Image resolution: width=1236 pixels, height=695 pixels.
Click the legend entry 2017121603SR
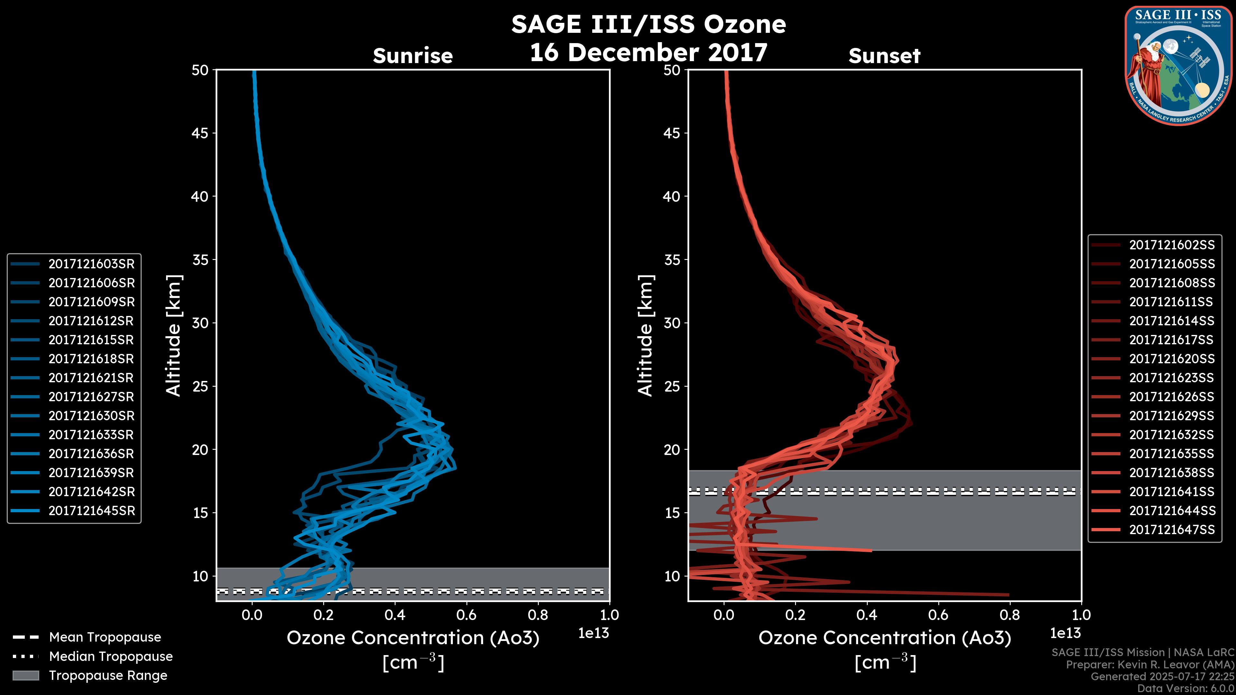pyautogui.click(x=91, y=264)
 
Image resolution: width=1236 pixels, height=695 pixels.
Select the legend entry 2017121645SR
pyautogui.click(x=91, y=511)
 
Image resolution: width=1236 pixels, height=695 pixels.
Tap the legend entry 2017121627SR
pyautogui.click(x=91, y=397)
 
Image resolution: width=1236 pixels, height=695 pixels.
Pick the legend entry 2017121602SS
pyautogui.click(x=1172, y=245)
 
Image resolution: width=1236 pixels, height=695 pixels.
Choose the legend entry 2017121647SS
pyautogui.click(x=1172, y=530)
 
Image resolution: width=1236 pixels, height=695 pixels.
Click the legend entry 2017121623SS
pyautogui.click(x=1172, y=378)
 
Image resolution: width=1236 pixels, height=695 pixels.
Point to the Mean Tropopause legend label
pyautogui.click(x=105, y=637)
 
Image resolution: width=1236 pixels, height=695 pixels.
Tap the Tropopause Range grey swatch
pyautogui.click(x=25, y=675)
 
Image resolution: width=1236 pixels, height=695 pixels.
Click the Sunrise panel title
pyautogui.click(x=413, y=56)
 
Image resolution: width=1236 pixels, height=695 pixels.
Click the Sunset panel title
pyautogui.click(x=884, y=56)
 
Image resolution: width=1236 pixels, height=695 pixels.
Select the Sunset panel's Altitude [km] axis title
pyautogui.click(x=646, y=335)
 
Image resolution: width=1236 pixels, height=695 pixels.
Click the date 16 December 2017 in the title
pyautogui.click(x=648, y=52)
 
